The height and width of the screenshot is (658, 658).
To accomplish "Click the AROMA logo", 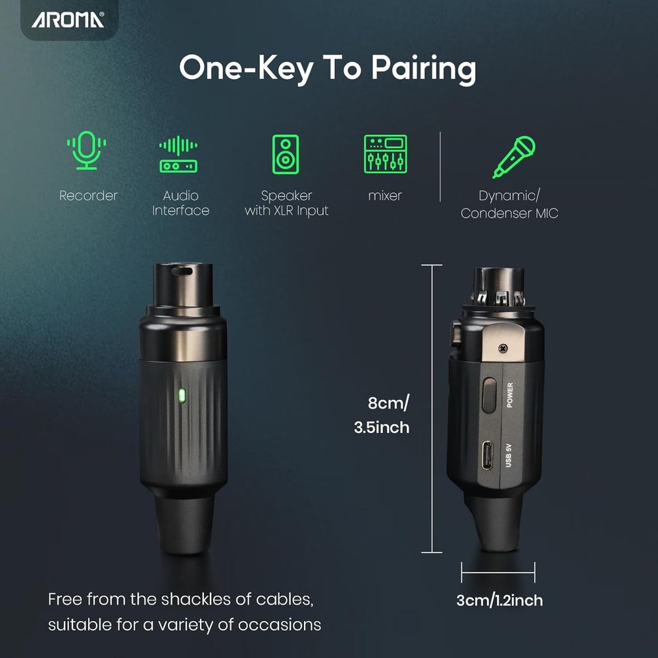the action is (68, 19).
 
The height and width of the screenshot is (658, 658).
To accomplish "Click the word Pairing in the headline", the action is (423, 69).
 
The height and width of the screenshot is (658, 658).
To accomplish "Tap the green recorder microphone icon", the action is (86, 150).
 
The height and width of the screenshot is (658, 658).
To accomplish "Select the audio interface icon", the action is (178, 154).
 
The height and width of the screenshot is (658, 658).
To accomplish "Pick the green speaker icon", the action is (286, 154).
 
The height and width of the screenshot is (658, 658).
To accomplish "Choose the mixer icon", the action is (385, 154).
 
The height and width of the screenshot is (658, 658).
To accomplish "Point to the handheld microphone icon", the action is (514, 157).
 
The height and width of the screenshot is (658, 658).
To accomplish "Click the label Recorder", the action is (88, 195).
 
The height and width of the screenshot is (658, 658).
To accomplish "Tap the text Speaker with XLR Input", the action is (287, 203).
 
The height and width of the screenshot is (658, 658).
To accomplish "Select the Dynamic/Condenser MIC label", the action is (509, 205).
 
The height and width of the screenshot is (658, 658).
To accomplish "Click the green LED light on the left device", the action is (182, 395).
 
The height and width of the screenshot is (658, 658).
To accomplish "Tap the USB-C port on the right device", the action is (488, 455).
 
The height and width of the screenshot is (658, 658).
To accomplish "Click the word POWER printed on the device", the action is (510, 395).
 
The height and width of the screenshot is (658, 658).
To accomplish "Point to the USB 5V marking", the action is (509, 455).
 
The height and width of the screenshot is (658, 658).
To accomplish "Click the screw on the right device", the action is (503, 348).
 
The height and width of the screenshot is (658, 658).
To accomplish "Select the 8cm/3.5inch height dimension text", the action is (382, 415).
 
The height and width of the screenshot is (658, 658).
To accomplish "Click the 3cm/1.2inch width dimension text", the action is (499, 601).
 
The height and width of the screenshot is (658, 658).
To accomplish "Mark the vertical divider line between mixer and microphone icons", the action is (440, 166).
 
